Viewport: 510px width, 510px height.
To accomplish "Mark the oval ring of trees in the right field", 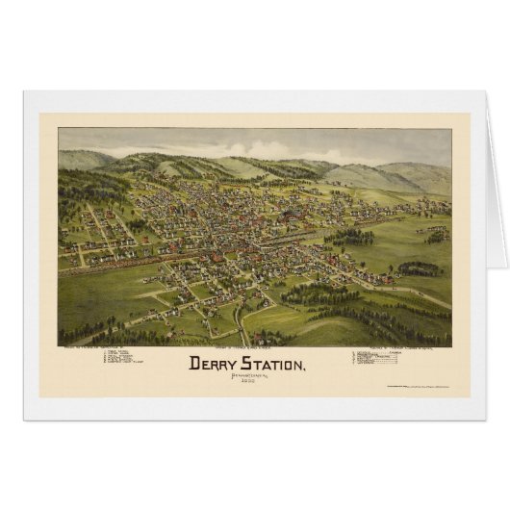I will (x=417, y=268).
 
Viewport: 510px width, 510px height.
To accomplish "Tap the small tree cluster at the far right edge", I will (x=437, y=234).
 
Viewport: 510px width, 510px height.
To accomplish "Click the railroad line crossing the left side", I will (x=96, y=261).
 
